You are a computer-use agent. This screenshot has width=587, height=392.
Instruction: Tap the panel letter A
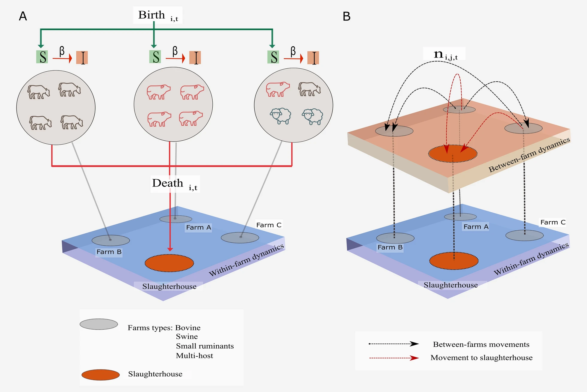(x=23, y=16)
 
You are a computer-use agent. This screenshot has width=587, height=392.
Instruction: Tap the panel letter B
(x=346, y=16)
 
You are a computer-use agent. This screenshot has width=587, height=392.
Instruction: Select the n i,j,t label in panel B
(x=445, y=54)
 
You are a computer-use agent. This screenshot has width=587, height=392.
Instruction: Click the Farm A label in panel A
(x=199, y=227)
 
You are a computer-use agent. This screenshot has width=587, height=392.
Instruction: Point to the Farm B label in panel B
(x=390, y=247)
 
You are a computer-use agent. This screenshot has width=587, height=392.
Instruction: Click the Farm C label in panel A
(x=269, y=225)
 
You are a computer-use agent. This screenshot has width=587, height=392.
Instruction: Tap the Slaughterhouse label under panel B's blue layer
(x=450, y=285)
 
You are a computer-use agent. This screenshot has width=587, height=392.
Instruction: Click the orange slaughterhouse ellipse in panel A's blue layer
(x=169, y=263)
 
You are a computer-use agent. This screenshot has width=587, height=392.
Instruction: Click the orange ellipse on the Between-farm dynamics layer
(x=453, y=154)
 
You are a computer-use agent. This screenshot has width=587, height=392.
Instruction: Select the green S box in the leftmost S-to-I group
(x=42, y=57)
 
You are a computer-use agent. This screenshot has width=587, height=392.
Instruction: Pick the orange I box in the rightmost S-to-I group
(x=313, y=58)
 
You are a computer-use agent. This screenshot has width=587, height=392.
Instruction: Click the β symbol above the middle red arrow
(x=175, y=51)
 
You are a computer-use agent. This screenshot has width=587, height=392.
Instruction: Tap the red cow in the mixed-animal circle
(x=277, y=89)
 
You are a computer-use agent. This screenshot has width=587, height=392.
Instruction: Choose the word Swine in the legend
(x=187, y=337)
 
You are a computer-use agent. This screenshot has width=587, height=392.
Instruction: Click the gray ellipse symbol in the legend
(x=99, y=324)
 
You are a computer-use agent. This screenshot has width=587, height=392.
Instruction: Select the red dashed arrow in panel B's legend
(x=394, y=358)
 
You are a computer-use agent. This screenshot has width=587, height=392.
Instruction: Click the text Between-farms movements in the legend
(x=481, y=344)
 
